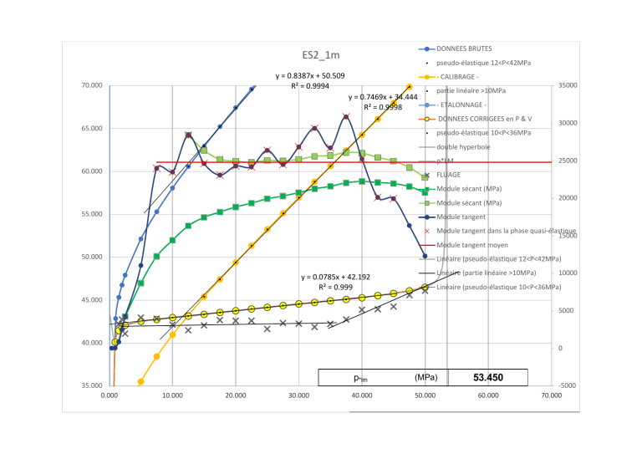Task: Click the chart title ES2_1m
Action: (x=321, y=55)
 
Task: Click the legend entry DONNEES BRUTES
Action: (x=465, y=48)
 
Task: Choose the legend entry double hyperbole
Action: (x=463, y=147)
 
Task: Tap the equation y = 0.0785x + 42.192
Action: (x=341, y=276)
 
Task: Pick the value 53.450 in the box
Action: (x=487, y=378)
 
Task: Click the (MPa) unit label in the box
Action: (x=425, y=378)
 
